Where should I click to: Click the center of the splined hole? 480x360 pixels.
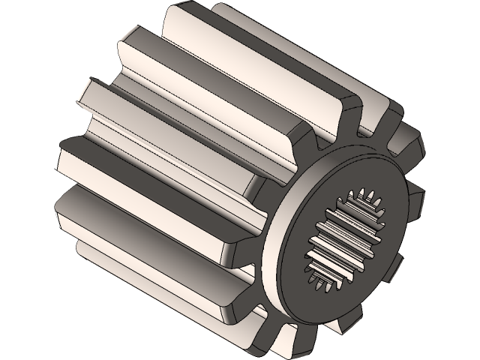tap(350, 238)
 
